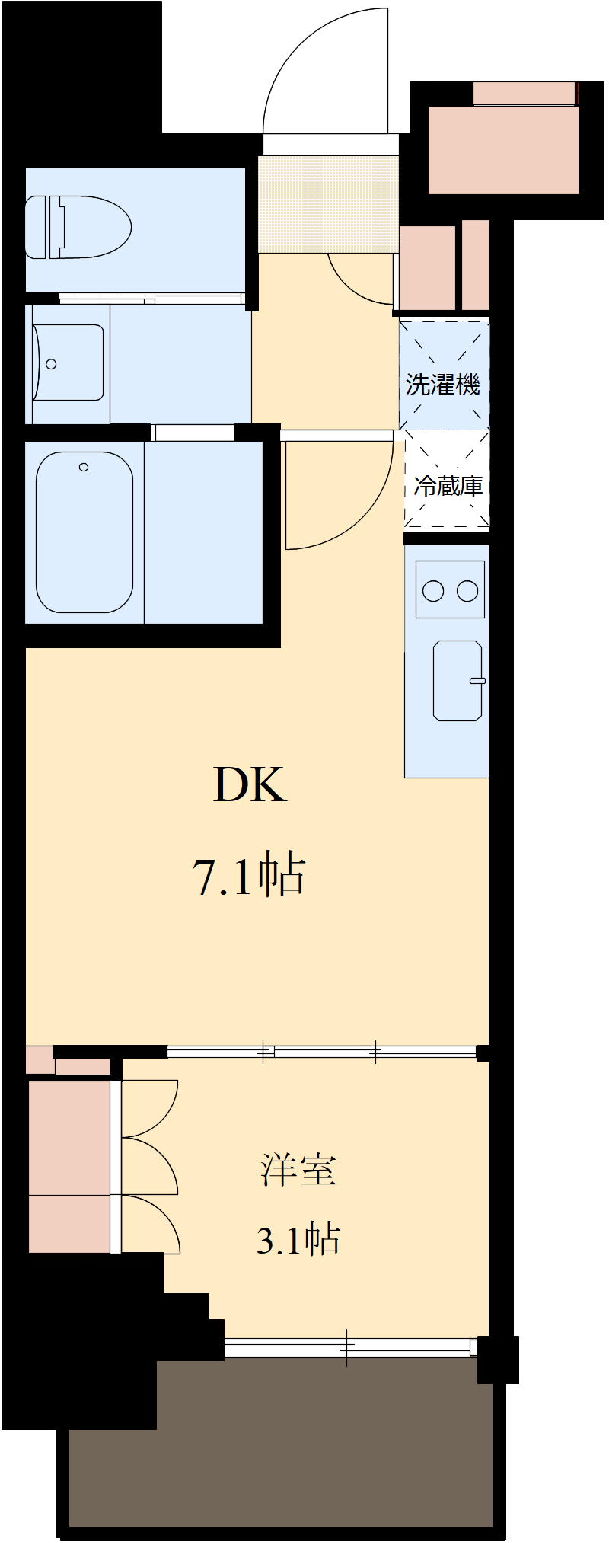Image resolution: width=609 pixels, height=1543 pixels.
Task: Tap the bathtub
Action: (x=84, y=532)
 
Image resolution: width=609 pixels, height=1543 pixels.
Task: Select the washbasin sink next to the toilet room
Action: (x=69, y=363)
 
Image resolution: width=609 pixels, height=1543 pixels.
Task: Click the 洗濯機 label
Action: (x=443, y=385)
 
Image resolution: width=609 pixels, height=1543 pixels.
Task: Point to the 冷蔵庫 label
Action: (x=448, y=486)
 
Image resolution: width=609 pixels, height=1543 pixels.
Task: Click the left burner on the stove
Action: (x=433, y=590)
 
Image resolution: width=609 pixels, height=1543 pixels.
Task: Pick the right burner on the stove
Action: (x=467, y=590)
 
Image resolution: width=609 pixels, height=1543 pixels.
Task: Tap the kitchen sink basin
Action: (x=457, y=680)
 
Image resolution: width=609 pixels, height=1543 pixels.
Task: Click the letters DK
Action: (x=250, y=784)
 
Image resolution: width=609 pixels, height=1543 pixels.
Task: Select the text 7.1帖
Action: (x=251, y=876)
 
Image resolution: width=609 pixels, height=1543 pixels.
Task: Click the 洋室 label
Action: (x=298, y=1170)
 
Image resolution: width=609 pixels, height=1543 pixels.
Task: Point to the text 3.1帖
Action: (x=298, y=1240)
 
